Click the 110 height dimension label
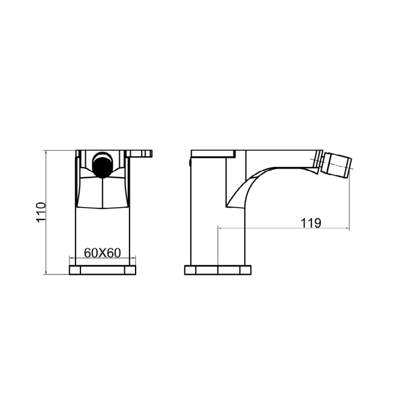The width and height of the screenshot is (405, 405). [x=41, y=212]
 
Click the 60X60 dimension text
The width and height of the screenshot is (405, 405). [x=102, y=253]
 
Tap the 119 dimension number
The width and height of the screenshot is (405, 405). [x=311, y=223]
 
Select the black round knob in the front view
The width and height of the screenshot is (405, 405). [x=102, y=167]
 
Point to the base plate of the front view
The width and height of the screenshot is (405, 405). [x=102, y=270]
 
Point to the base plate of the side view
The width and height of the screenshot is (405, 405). [x=218, y=270]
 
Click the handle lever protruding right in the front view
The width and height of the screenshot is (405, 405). [x=139, y=154]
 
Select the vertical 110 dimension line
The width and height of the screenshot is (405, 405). [x=46, y=212]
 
